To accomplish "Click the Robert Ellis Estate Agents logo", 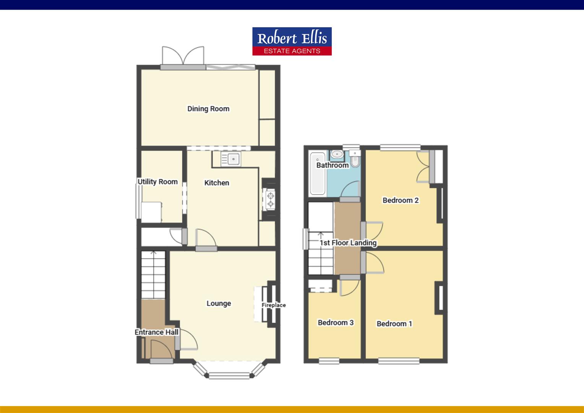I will pyautogui.click(x=292, y=41).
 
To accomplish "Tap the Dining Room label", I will pyautogui.click(x=208, y=109).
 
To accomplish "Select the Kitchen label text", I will pyautogui.click(x=217, y=183).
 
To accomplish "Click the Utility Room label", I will pyautogui.click(x=157, y=182).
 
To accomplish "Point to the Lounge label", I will pyautogui.click(x=219, y=303).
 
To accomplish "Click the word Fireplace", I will pyautogui.click(x=274, y=305).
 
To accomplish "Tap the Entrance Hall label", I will pyautogui.click(x=156, y=332).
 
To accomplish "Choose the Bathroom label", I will pyautogui.click(x=333, y=165).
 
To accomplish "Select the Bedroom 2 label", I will pyautogui.click(x=401, y=200).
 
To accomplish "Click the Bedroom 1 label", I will pyautogui.click(x=394, y=324).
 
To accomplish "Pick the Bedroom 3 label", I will pyautogui.click(x=336, y=322).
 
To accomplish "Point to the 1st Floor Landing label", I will pyautogui.click(x=348, y=243).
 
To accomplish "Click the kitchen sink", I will pyautogui.click(x=231, y=159).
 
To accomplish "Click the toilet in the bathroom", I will pyautogui.click(x=355, y=159).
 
